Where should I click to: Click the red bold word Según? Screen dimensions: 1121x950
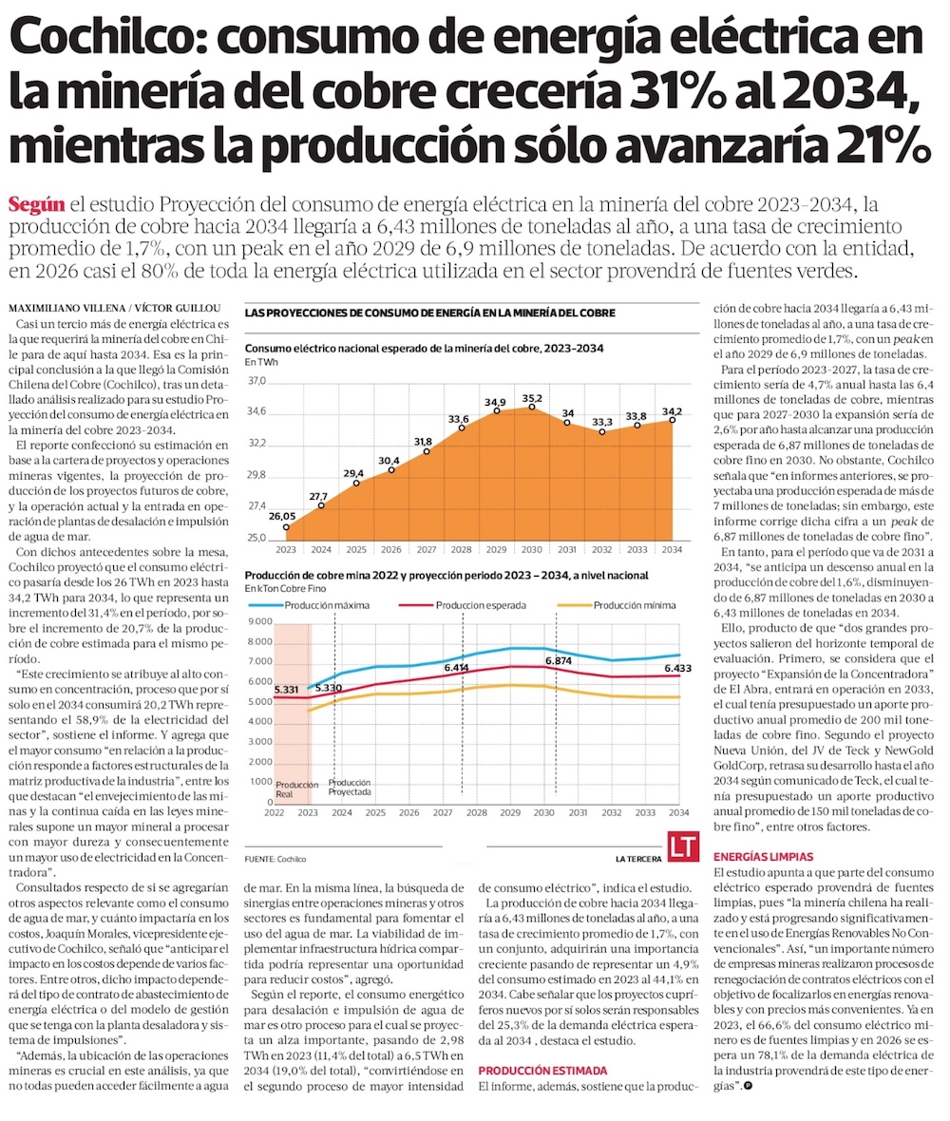pos(36,203)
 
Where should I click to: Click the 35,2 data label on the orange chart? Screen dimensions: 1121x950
pos(532,398)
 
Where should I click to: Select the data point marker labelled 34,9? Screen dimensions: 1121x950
pos(496,410)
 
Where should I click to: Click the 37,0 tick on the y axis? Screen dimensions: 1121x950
pos(256,381)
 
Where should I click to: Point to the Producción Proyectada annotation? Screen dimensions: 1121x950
pos(351,787)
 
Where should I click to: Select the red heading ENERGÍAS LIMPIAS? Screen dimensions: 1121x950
pos(763,856)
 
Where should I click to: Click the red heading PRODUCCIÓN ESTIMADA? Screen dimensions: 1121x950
pos(541,1070)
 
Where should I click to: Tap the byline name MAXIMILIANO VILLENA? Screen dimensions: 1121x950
pos(63,310)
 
